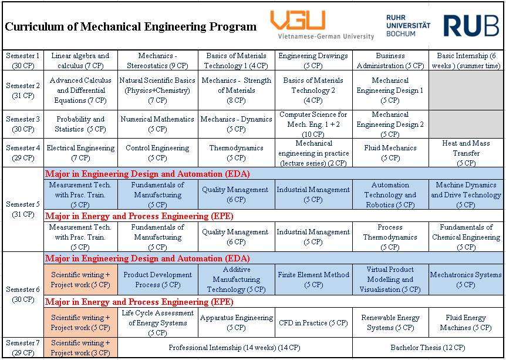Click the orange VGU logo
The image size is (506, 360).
coord(298,20)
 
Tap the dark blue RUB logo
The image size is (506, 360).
coord(471,25)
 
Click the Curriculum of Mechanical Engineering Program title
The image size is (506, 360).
coord(131,26)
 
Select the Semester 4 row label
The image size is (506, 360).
coord(23,153)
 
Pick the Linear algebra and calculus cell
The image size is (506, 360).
coord(80,60)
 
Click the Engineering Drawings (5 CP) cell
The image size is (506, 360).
coord(313,60)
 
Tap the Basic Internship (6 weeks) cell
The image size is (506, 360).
coord(466,60)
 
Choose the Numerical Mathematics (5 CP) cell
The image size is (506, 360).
coord(157,125)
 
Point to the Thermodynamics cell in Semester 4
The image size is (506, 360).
coord(236,153)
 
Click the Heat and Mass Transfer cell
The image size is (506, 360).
coord(466,153)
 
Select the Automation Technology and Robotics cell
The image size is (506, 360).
coord(390,194)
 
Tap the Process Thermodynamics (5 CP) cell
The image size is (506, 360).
coord(390,237)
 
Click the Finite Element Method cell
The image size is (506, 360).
coord(313,280)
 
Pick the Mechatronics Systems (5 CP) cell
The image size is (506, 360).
coord(466,280)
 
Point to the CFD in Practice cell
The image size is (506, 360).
coord(313,322)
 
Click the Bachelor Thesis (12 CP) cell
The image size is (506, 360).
coord(428,348)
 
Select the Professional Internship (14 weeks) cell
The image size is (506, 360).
coord(235,348)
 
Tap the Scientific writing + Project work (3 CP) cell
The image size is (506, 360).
coord(80,348)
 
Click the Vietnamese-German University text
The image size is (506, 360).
coord(326,36)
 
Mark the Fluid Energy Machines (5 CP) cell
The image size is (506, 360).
coord(466,322)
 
